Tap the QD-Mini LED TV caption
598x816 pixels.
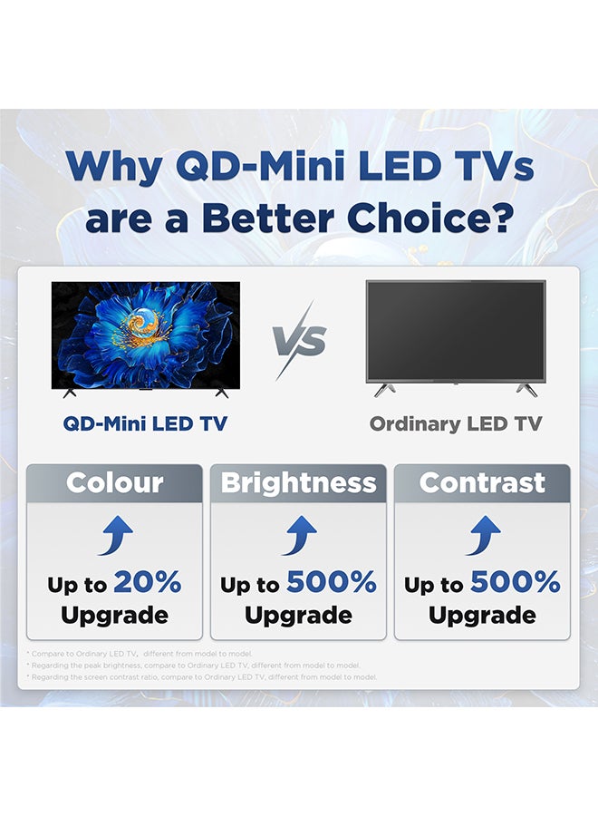(x=145, y=423)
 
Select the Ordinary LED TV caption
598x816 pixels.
(x=456, y=423)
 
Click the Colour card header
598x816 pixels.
(x=114, y=482)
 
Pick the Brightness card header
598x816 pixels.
(x=298, y=482)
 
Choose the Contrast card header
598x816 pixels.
(x=482, y=482)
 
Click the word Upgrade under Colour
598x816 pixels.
(x=114, y=616)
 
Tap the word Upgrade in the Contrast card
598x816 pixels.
(x=482, y=616)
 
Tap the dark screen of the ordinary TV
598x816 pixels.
(x=456, y=330)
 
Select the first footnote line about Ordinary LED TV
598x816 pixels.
(x=140, y=653)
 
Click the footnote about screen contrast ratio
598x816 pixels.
(x=201, y=676)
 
